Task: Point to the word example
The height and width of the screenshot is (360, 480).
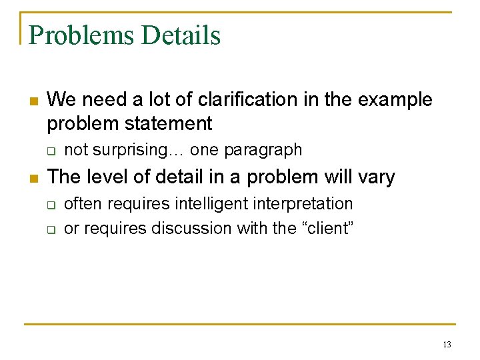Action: [x=395, y=100]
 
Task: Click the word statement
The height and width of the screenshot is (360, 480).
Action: [x=173, y=123]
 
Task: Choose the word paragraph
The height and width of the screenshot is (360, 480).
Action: [x=263, y=150]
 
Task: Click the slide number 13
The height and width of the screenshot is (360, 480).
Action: [x=446, y=345]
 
